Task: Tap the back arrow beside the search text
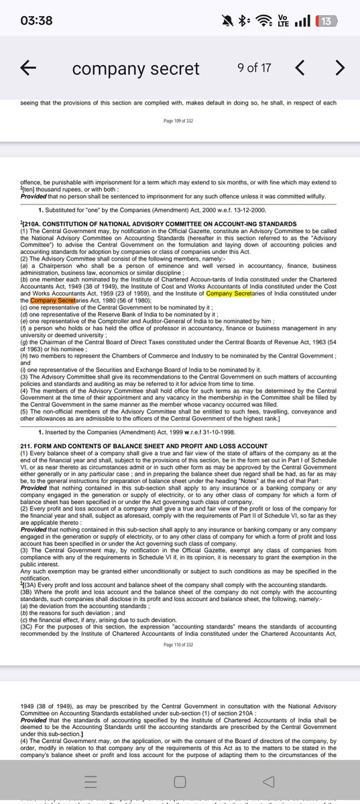[x=28, y=68]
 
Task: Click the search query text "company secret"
[x=135, y=68]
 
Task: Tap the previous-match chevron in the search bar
[x=300, y=68]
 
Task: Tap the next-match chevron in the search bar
[x=340, y=68]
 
